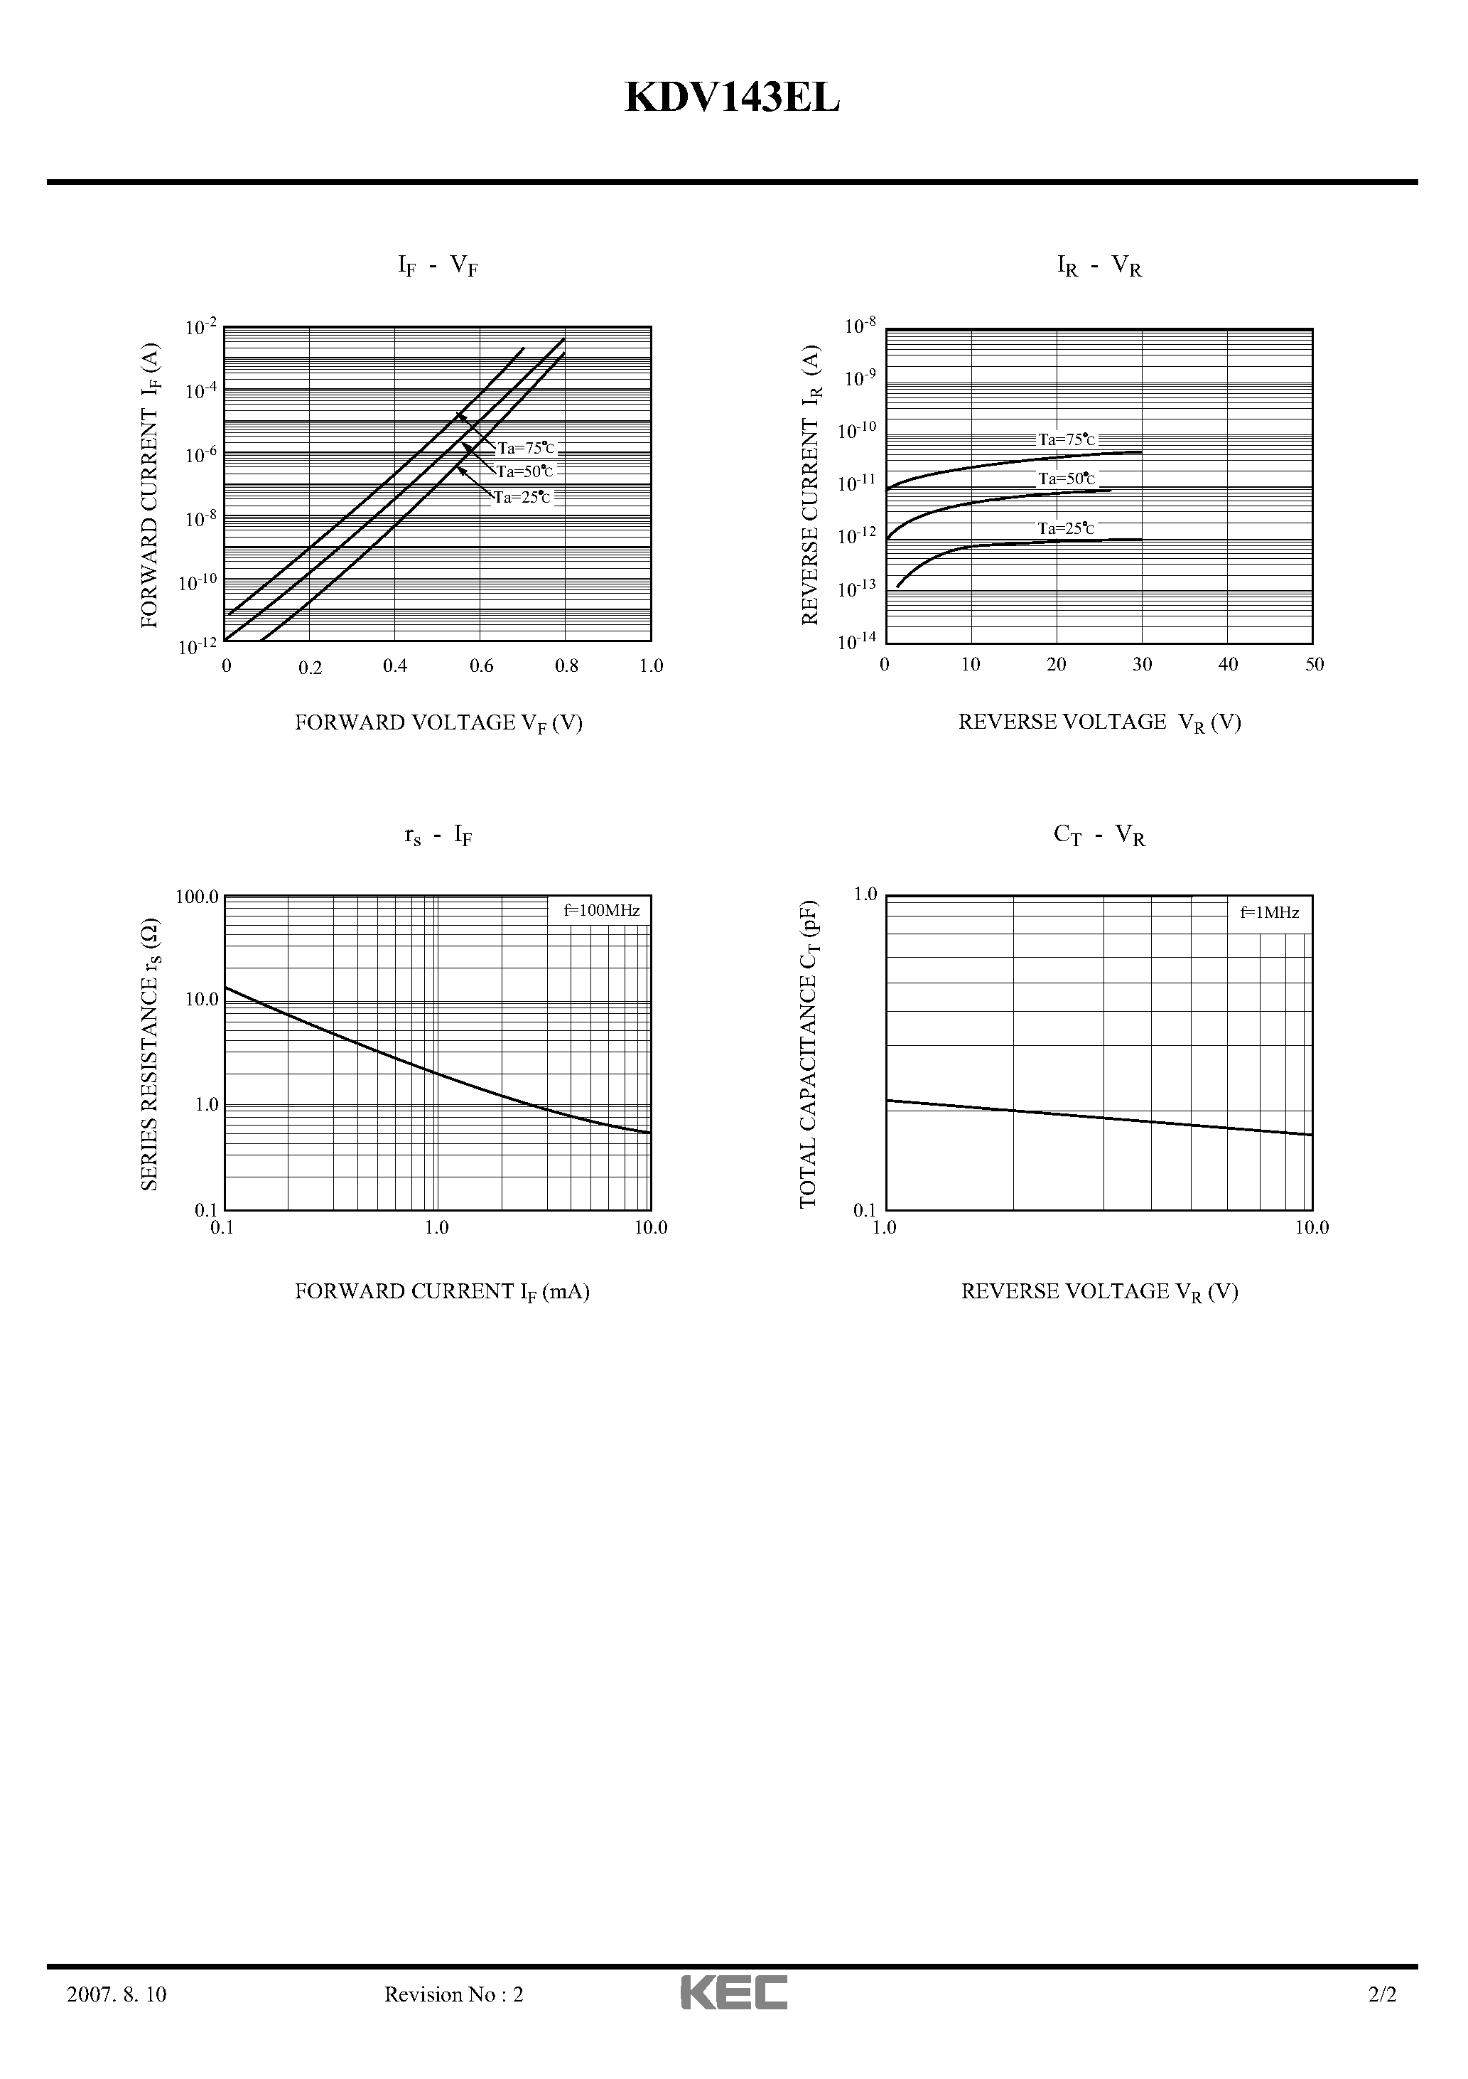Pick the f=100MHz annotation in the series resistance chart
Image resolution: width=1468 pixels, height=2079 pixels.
pos(602,910)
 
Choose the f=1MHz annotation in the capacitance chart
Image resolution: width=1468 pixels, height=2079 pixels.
pos(1269,913)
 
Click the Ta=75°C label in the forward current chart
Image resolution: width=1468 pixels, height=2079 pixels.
pos(526,447)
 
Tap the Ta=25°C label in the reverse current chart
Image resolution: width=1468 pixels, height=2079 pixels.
pos(1066,528)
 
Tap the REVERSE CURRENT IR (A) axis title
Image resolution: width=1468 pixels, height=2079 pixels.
pos(811,484)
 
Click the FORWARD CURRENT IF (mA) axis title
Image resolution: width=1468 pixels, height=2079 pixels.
pos(442,1291)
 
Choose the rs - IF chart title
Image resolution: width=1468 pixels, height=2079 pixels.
pos(438,835)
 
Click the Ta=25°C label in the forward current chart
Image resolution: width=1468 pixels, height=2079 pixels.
pos(522,496)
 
